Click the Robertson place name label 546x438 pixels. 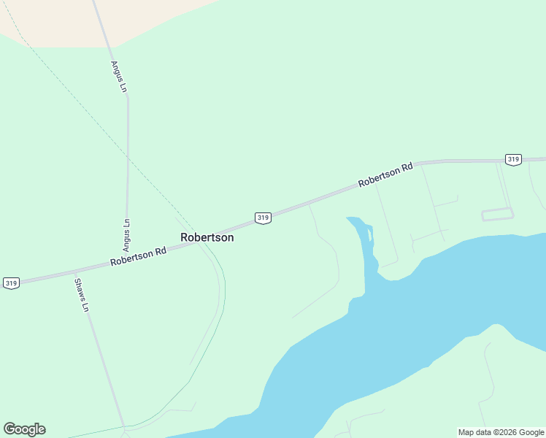click(x=207, y=237)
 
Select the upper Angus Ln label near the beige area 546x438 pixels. click(x=118, y=76)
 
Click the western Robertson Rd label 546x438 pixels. click(x=139, y=255)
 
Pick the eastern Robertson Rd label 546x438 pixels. click(x=385, y=174)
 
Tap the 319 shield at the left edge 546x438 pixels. click(x=11, y=283)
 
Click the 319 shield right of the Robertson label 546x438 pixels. click(x=264, y=218)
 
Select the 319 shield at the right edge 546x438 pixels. click(x=513, y=159)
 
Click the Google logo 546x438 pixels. click(x=25, y=429)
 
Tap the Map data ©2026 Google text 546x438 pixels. click(x=501, y=432)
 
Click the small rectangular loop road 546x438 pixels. click(x=497, y=214)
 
